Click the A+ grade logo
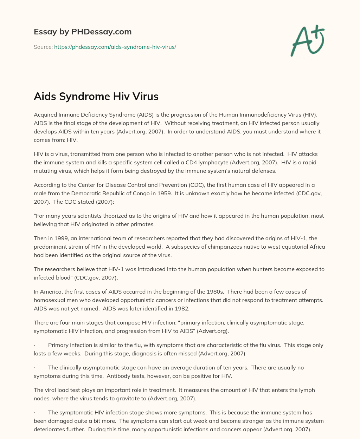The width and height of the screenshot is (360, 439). [308, 41]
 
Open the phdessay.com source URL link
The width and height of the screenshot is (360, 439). [115, 47]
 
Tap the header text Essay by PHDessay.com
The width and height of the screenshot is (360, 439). [83, 32]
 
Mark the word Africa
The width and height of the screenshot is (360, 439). [316, 247]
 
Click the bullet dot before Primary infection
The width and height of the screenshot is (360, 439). [34, 345]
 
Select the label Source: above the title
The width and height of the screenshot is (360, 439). [43, 47]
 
